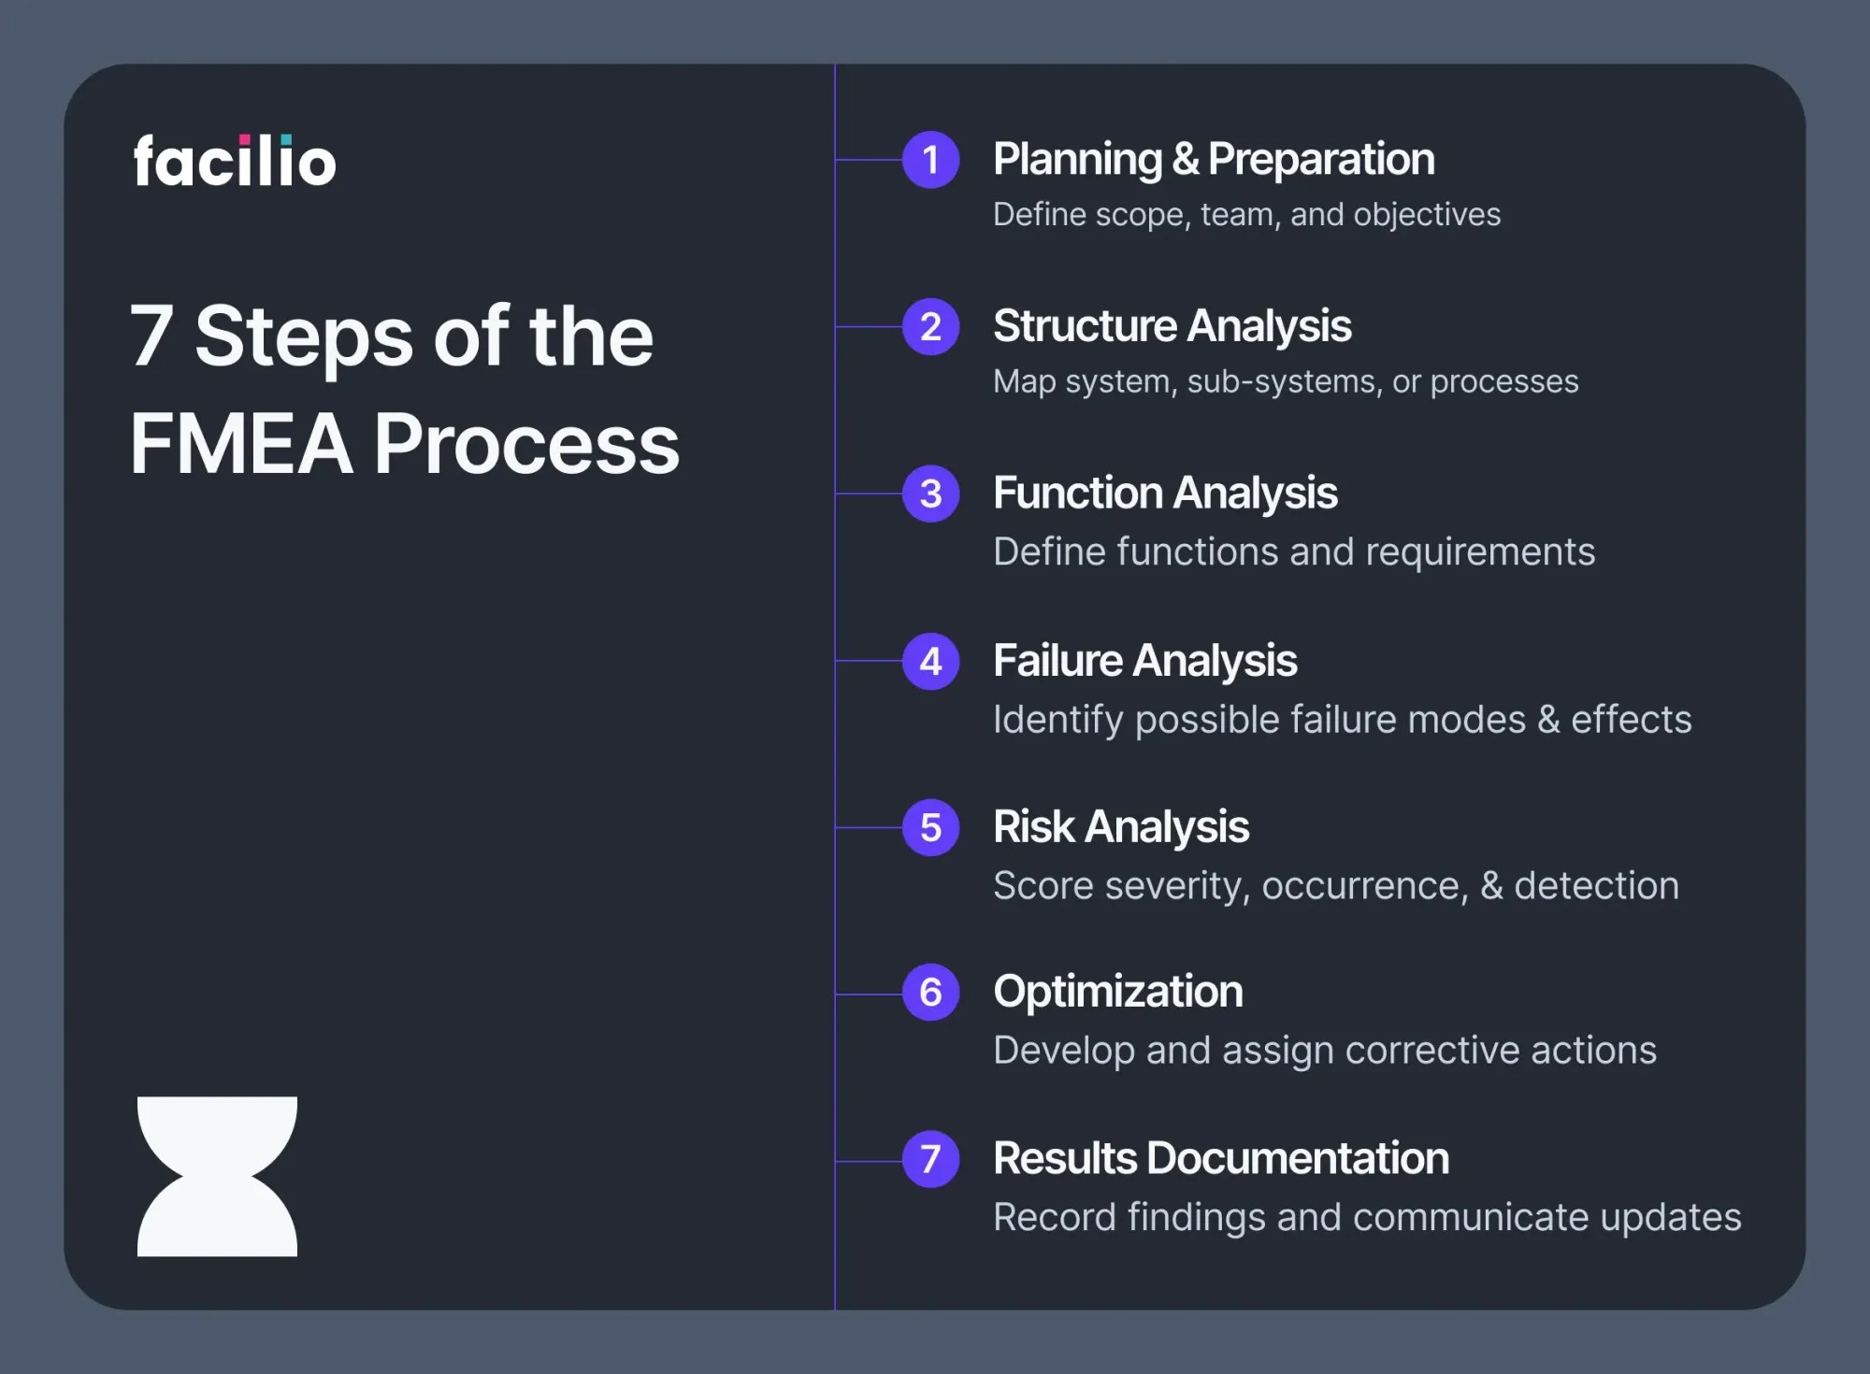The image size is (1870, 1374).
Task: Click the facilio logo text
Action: point(235,161)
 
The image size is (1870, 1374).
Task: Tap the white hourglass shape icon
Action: point(217,1176)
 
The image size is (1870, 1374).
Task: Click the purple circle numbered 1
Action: point(930,160)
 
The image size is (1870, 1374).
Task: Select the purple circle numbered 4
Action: point(930,662)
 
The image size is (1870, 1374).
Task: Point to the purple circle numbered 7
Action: point(930,1160)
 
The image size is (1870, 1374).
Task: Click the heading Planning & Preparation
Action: point(1214,159)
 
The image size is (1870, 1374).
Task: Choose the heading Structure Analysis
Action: point(1172,326)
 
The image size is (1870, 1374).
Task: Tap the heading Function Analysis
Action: point(1165,494)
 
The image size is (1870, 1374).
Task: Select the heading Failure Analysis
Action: point(1144,661)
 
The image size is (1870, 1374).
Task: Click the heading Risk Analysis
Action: point(1120,827)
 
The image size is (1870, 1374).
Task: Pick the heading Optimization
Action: point(1117,992)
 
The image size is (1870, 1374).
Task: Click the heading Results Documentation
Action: point(1220,1158)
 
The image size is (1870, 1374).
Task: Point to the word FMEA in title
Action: point(241,444)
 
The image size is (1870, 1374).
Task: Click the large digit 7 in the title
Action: point(151,336)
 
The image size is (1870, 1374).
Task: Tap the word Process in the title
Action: point(526,444)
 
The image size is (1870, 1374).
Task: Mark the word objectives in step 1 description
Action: point(1427,215)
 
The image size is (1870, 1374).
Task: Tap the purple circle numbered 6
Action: point(930,993)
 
